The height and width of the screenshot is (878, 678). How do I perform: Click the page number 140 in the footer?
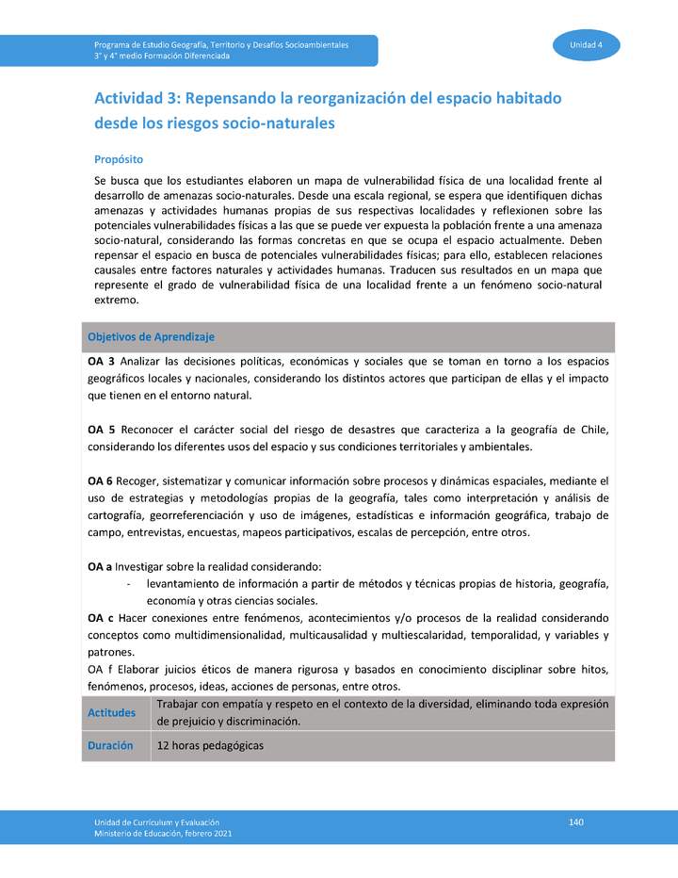pos(576,822)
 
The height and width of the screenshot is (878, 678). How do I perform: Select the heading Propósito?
pos(118,159)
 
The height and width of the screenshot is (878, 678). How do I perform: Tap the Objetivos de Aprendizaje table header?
pos(152,336)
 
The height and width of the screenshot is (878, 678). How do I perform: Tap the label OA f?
pos(100,669)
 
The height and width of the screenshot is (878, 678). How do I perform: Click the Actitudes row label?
pos(112,713)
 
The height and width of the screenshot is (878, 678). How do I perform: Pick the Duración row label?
pos(110,745)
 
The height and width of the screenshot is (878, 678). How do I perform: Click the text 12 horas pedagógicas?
pos(210,745)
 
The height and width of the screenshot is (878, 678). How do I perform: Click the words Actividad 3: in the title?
pos(137,98)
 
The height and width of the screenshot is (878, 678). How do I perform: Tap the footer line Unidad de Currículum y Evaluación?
pos(156,822)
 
